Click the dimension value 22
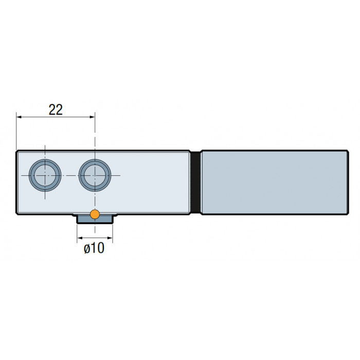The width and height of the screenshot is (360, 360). [56, 110]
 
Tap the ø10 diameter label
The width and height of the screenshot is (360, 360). [94, 248]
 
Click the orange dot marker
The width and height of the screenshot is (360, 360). [95, 214]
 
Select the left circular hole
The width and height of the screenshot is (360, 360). [45, 175]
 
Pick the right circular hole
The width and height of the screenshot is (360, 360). [95, 175]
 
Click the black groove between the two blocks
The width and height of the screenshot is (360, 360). [195, 182]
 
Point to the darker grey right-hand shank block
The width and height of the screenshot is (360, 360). [275, 182]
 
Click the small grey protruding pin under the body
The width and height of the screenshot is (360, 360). [95, 219]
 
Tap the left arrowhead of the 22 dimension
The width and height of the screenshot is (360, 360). [19, 117]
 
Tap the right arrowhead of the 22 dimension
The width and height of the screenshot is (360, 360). [92, 117]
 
